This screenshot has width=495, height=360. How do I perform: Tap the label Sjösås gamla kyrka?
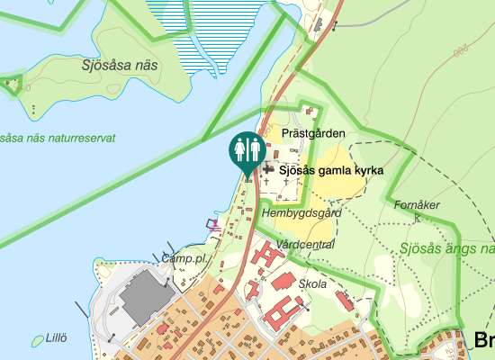tap(331, 170)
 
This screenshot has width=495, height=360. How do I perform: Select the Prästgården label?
tap(313, 133)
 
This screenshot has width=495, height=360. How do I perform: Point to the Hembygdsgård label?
tap(302, 214)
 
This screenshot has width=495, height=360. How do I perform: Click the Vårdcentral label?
tap(306, 244)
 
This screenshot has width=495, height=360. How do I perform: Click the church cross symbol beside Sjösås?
tap(268, 169)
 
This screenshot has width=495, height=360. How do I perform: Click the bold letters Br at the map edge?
tap(483, 339)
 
